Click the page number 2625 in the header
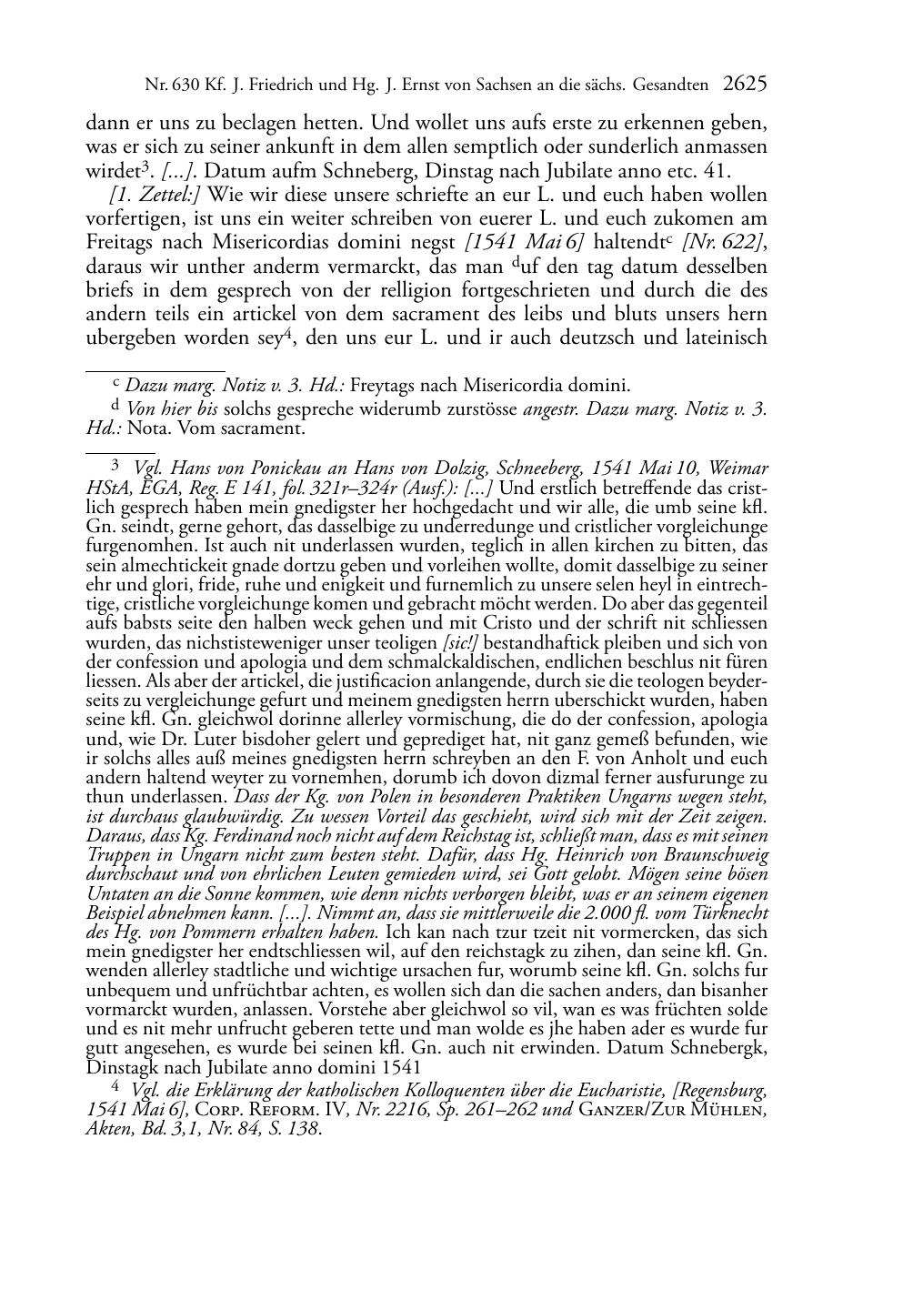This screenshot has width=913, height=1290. pos(746,86)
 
